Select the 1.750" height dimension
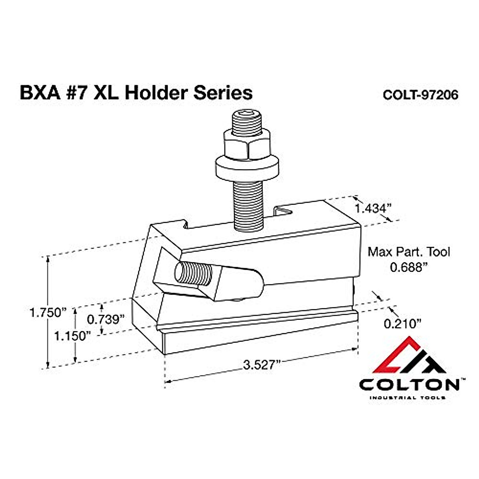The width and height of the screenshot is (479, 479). (47, 312)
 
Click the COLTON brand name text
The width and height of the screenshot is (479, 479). (409, 384)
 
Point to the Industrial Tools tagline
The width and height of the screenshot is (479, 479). (407, 398)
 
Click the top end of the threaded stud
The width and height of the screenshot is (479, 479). (246, 119)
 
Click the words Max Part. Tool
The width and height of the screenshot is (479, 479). (408, 252)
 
